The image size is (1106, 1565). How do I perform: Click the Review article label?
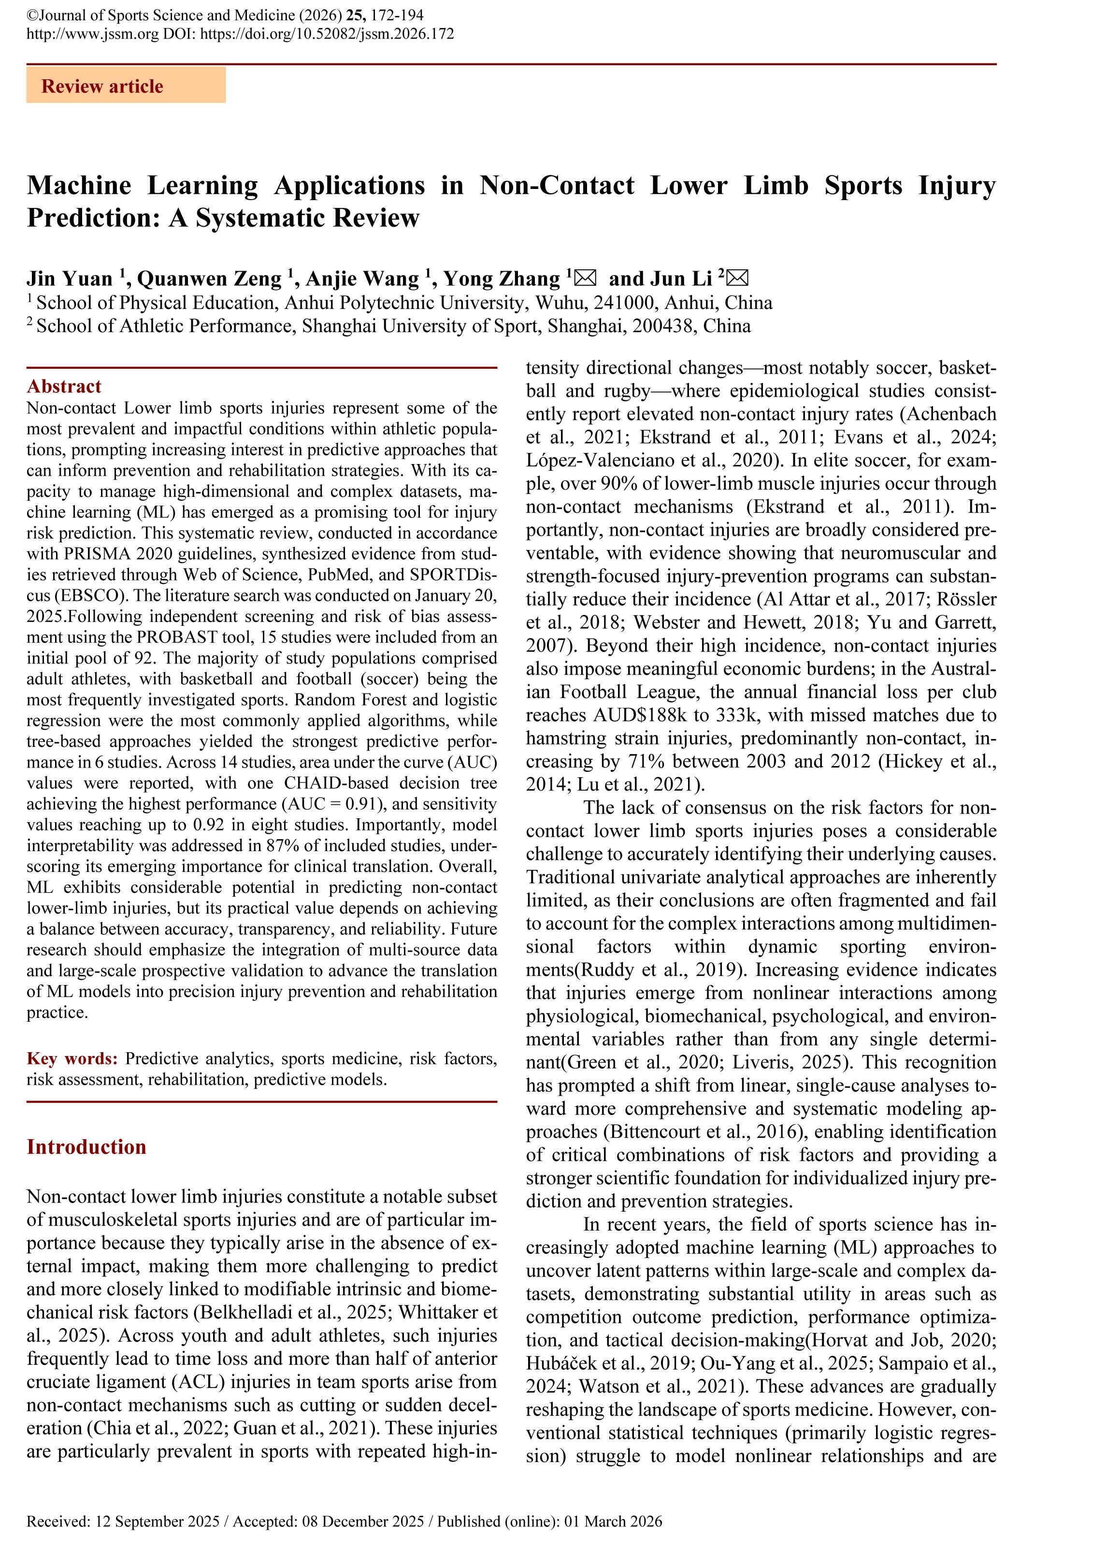102,87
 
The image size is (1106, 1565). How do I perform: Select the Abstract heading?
64,387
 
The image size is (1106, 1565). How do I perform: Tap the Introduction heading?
86,1146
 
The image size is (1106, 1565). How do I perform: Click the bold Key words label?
72,1058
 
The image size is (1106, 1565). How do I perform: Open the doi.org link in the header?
327,34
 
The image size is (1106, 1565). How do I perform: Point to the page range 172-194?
397,15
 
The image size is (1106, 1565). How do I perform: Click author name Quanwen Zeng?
209,279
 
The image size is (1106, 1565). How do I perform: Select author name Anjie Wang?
362,279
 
